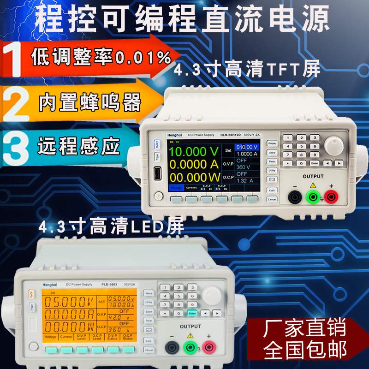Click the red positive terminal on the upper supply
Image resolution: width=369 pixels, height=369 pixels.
330,197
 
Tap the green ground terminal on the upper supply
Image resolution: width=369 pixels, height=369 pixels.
312,197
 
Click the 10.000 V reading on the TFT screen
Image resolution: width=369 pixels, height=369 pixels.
193,152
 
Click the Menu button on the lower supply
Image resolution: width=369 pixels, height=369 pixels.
148,292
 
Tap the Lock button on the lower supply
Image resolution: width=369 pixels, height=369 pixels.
148,340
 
